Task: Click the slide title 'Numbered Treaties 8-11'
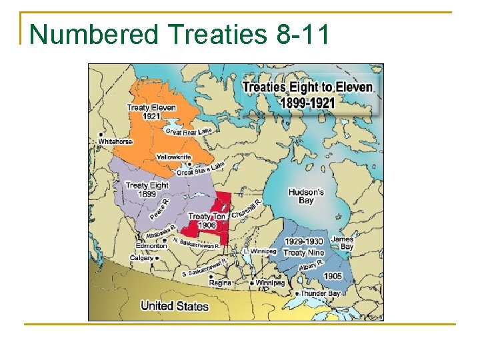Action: click(x=179, y=34)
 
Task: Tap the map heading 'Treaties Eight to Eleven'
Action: click(x=307, y=87)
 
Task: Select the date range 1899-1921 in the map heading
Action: click(x=307, y=102)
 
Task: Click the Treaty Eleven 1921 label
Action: click(x=151, y=111)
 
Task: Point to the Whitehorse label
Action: click(x=115, y=141)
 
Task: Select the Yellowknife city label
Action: click(x=173, y=157)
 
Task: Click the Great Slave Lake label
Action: click(x=201, y=169)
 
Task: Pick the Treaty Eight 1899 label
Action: click(x=147, y=189)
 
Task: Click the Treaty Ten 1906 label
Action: click(x=207, y=221)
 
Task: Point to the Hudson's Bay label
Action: click(x=306, y=196)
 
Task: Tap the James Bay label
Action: click(x=342, y=243)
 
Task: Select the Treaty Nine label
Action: click(x=304, y=253)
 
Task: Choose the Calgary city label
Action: click(x=141, y=257)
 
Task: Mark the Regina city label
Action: click(x=220, y=283)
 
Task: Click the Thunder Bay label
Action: click(x=320, y=293)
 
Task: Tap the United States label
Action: click(x=174, y=306)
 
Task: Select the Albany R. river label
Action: click(x=311, y=265)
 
